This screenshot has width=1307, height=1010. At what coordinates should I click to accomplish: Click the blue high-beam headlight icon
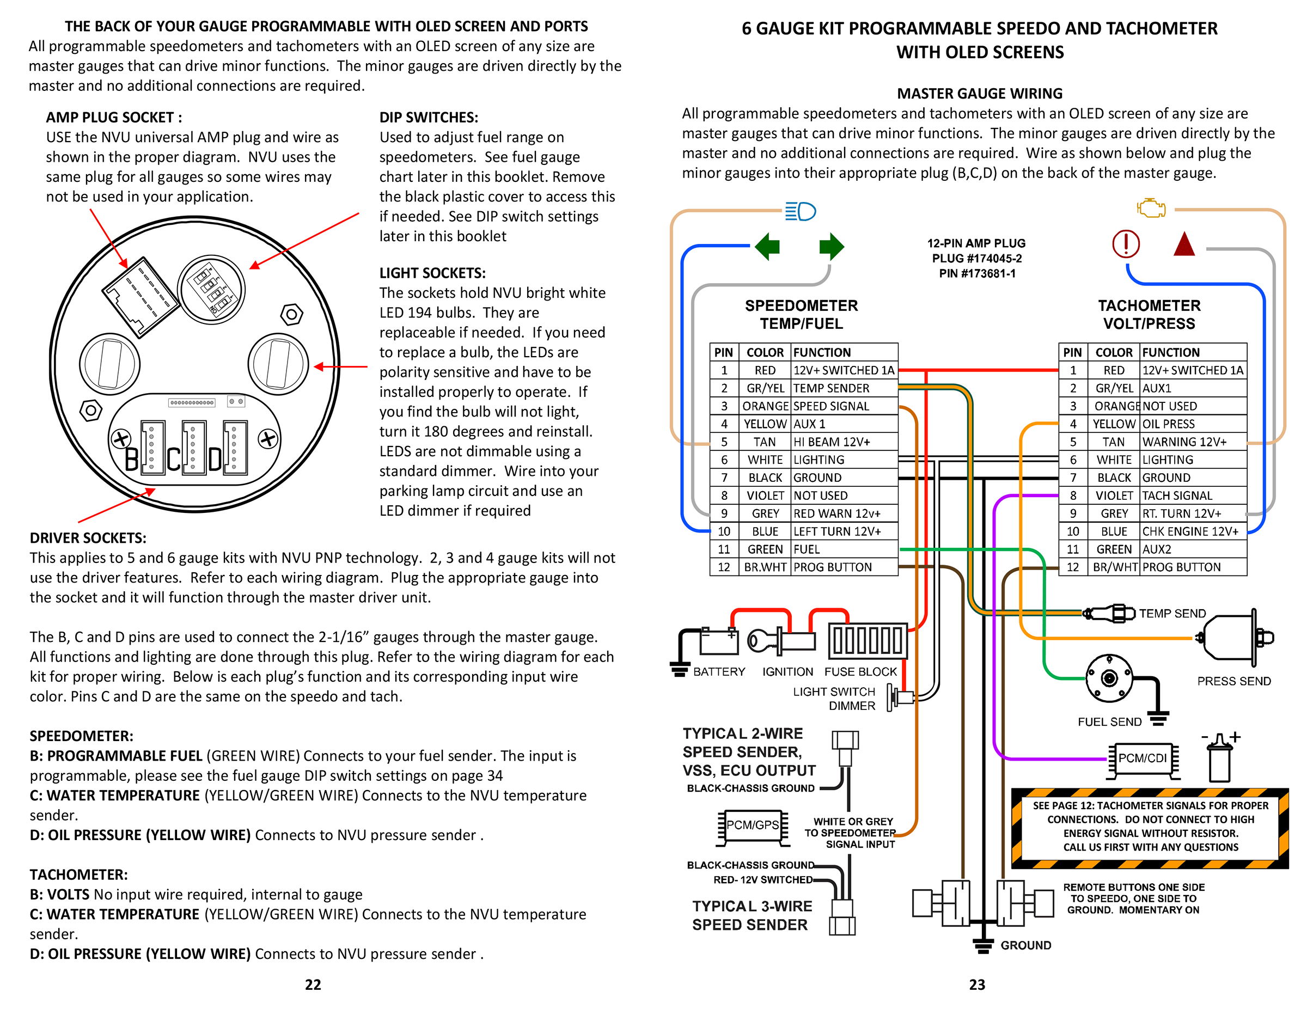[x=801, y=211]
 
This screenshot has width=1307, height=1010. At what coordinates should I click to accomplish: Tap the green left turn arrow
[x=768, y=246]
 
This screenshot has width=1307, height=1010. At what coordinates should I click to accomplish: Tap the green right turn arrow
[x=831, y=246]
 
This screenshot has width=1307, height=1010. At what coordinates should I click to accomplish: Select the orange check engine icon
[x=1151, y=208]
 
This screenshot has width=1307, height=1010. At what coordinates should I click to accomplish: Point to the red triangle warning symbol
[x=1184, y=244]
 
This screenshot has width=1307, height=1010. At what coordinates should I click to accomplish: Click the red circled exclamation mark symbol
[x=1126, y=244]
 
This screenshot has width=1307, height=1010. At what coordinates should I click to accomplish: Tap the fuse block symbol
[x=867, y=640]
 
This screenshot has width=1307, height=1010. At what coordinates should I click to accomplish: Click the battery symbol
[x=719, y=642]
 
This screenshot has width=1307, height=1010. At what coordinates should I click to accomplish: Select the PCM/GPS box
[x=752, y=825]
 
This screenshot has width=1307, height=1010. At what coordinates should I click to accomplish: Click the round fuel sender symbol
[x=1109, y=678]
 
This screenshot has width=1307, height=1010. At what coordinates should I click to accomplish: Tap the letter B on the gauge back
[x=132, y=460]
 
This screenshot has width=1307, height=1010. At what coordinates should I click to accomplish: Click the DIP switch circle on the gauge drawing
[x=211, y=290]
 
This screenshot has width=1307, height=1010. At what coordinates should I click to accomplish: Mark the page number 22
[x=313, y=984]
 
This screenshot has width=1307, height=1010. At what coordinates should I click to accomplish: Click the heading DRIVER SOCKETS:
[x=88, y=538]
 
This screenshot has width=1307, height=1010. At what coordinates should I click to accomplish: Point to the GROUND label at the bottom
[x=1026, y=945]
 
